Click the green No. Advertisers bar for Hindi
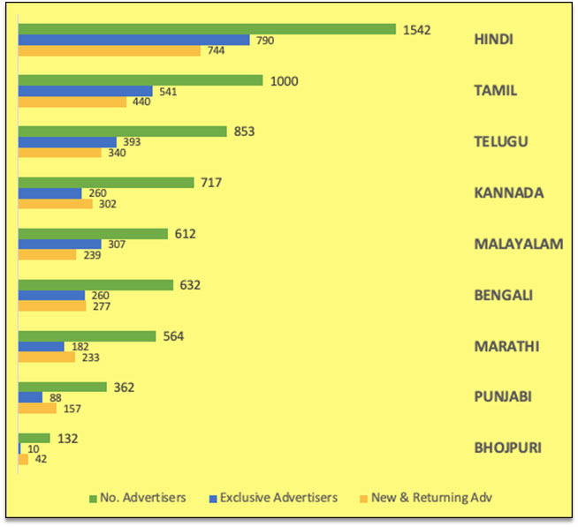coord(207,29)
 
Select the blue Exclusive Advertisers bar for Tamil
coord(86,91)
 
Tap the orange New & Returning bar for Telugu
coord(60,153)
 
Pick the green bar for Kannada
coord(106,183)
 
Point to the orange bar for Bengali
coord(52,305)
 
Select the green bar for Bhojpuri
coord(34,438)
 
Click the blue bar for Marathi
coord(42,346)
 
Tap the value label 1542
coord(416,29)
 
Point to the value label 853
coord(246,132)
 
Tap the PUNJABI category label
coord(503,397)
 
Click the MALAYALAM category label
coord(518,245)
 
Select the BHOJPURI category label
coord(506,448)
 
